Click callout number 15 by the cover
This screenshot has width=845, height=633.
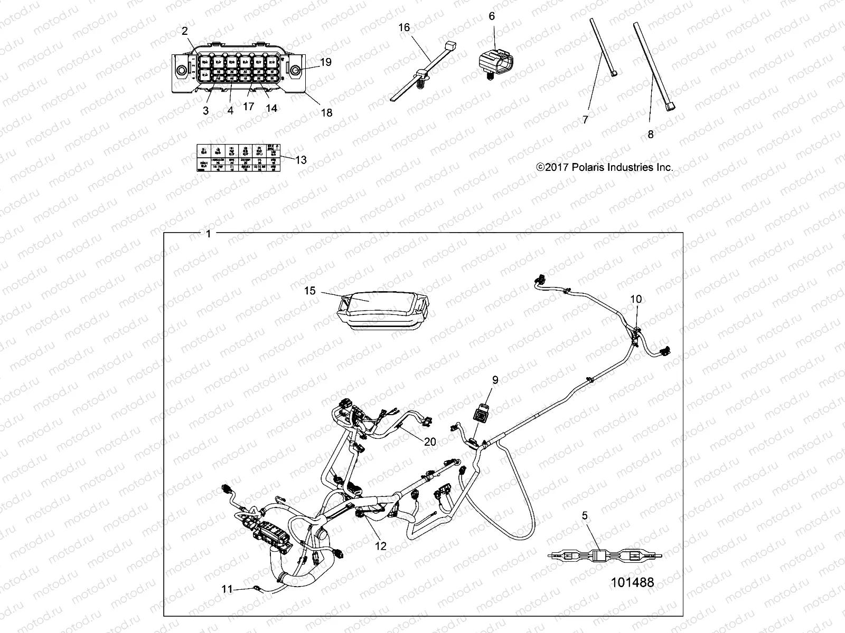tap(309, 291)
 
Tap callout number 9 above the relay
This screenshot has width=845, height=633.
tap(495, 380)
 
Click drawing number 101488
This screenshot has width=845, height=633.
tap(632, 582)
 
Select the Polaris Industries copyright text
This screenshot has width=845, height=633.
tap(605, 167)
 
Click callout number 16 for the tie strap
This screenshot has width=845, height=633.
tap(403, 27)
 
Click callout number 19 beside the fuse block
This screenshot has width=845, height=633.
tap(326, 62)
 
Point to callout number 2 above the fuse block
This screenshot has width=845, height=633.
tap(185, 31)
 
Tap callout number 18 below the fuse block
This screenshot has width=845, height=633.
tap(327, 112)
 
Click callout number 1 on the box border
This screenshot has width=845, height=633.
tap(209, 234)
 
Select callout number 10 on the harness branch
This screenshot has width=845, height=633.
tap(636, 299)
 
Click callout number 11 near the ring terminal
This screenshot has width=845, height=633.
tap(227, 589)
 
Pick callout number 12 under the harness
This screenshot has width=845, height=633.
tap(380, 546)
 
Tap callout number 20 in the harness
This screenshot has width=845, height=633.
tap(430, 442)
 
